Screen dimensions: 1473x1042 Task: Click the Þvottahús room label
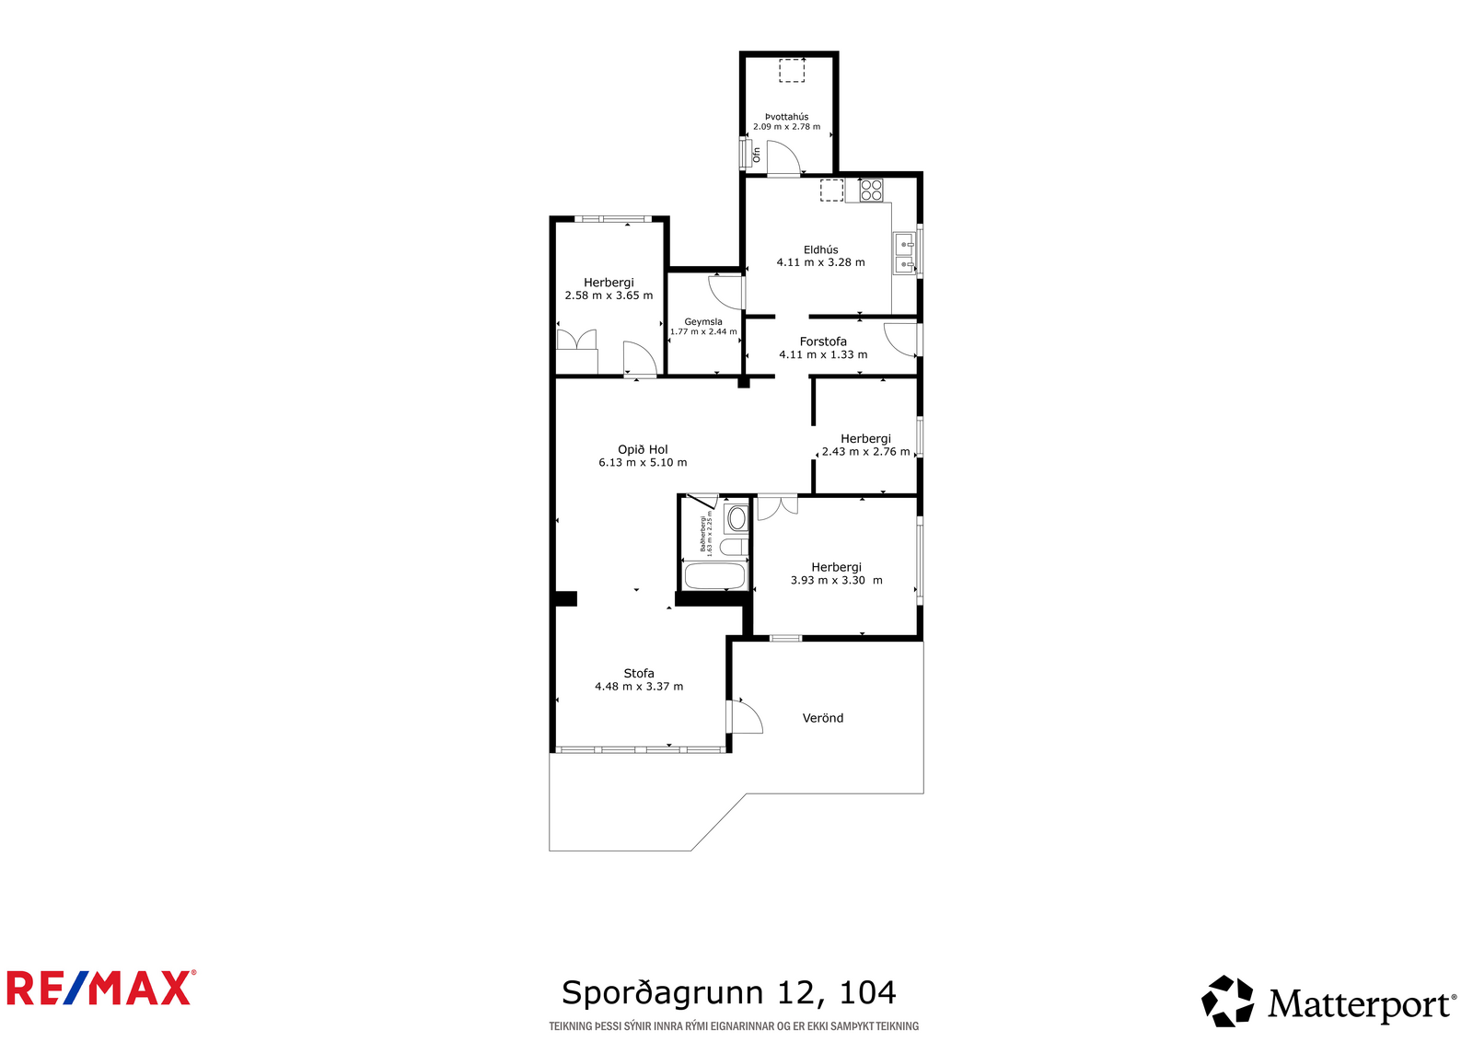point(786,117)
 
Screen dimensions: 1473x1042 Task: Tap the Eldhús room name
point(820,249)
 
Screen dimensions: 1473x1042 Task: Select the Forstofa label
point(823,342)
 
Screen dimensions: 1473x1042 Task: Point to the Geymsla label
point(703,322)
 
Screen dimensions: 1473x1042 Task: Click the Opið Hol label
point(643,450)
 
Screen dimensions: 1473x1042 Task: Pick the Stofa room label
point(639,673)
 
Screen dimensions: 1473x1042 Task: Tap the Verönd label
point(823,718)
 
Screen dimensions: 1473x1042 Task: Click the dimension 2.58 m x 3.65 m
point(609,295)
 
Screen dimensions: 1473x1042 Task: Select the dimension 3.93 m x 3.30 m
point(837,580)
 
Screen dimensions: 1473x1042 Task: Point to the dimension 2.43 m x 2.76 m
point(865,452)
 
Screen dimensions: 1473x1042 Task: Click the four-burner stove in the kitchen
point(871,190)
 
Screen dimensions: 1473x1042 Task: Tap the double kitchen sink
point(905,253)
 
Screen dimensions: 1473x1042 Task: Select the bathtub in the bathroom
point(714,576)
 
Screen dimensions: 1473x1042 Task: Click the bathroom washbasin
point(736,519)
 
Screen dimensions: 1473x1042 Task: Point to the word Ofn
point(756,155)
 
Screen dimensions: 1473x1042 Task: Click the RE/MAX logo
point(101,988)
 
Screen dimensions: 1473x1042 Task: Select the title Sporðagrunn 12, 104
point(728,992)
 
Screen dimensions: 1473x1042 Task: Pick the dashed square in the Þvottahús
point(792,70)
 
